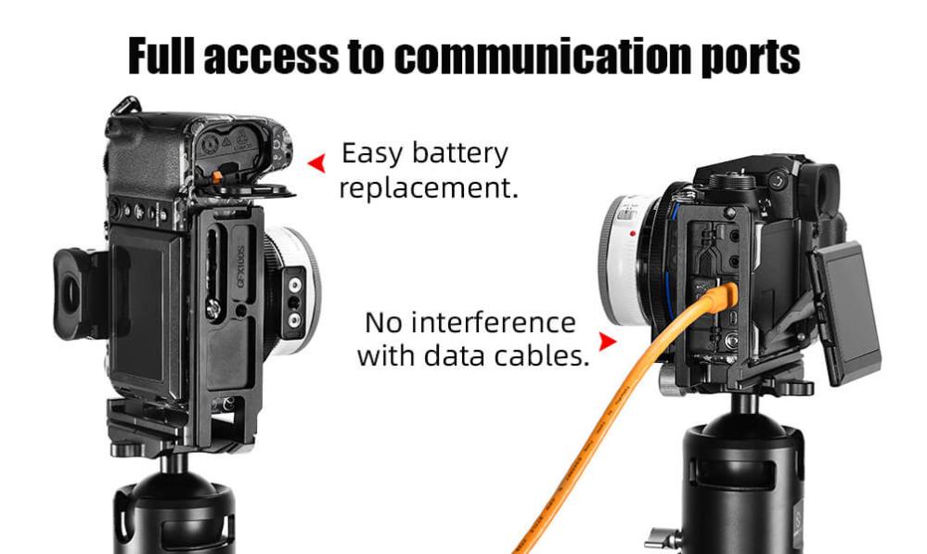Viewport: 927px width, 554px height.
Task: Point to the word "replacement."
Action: (428, 188)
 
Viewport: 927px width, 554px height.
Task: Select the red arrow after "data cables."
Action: (607, 341)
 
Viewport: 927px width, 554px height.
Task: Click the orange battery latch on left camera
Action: (219, 174)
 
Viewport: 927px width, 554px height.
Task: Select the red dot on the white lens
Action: (633, 233)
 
